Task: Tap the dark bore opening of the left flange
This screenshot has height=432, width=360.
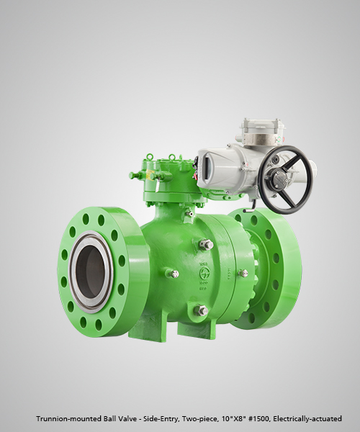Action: pyautogui.click(x=89, y=271)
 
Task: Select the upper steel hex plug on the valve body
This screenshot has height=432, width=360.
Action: pyautogui.click(x=207, y=244)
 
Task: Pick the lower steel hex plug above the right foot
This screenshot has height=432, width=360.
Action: pyautogui.click(x=201, y=310)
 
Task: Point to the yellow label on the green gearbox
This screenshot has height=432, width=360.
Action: pyautogui.click(x=150, y=174)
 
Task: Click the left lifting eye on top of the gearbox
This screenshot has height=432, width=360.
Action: pyautogui.click(x=149, y=157)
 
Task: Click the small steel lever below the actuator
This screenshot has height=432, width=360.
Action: pyautogui.click(x=248, y=211)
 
